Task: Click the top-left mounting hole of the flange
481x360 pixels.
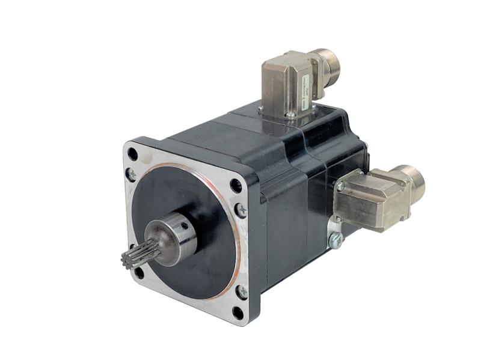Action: tap(133, 154)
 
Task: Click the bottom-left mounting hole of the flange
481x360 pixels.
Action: tap(139, 272)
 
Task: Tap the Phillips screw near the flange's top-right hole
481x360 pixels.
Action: tap(241, 210)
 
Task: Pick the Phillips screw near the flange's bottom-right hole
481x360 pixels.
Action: tap(242, 292)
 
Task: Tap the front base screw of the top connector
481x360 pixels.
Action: tap(291, 115)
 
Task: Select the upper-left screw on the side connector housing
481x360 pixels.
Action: tap(341, 186)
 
